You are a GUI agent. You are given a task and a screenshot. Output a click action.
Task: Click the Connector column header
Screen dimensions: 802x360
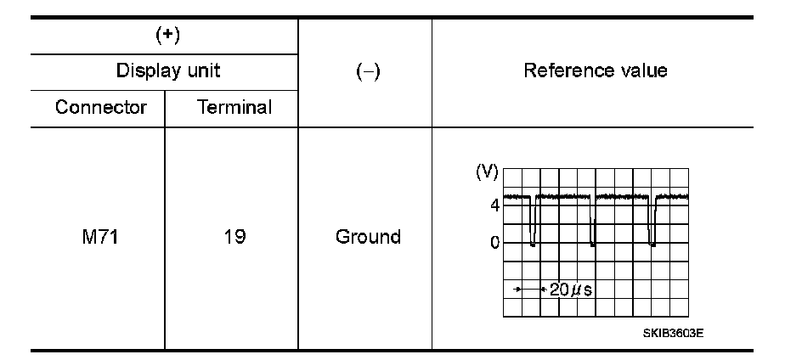[x=101, y=108]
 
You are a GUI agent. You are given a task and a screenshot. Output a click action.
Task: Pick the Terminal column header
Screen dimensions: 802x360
[x=234, y=108]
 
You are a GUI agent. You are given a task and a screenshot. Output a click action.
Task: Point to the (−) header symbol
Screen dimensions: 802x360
[x=366, y=71]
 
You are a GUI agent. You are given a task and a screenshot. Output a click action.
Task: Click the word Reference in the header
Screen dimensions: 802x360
[x=564, y=70]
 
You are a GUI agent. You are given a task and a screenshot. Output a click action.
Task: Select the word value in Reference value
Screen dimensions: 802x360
[x=643, y=70]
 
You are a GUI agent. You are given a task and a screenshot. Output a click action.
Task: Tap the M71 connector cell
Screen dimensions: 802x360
[x=98, y=237]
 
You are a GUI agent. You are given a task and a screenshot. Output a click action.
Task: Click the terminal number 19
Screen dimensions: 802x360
[x=234, y=237]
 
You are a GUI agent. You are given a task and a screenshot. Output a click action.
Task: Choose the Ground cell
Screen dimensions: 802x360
[x=368, y=237]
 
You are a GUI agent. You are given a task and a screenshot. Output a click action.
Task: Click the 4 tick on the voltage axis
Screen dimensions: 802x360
[x=494, y=204]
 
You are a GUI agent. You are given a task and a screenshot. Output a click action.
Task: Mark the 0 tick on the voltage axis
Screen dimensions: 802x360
[x=494, y=244]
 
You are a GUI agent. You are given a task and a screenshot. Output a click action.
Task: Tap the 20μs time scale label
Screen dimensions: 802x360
[x=570, y=290]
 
